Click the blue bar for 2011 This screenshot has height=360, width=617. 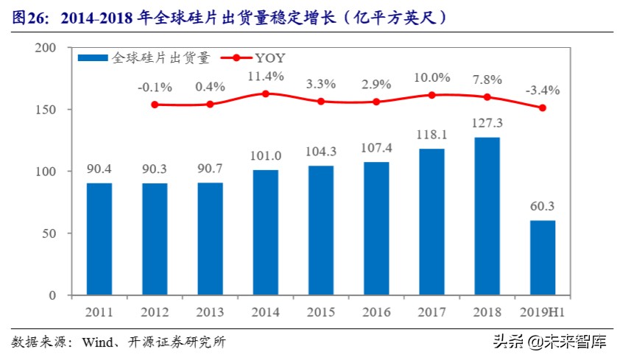[99, 239]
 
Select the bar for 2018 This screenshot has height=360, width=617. [487, 216]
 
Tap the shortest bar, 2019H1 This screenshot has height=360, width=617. [542, 258]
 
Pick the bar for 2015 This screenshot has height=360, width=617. [320, 230]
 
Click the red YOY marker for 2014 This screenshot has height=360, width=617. [265, 93]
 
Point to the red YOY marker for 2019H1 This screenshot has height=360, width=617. [542, 107]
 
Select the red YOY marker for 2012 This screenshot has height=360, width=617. [155, 105]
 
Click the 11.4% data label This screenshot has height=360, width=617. [265, 76]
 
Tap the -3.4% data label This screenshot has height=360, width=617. [542, 91]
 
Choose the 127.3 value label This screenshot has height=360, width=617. [487, 123]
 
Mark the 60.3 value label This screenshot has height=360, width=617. [542, 206]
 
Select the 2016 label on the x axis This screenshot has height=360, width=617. [376, 311]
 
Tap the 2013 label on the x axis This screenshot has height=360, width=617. [210, 311]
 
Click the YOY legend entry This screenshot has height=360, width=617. [269, 57]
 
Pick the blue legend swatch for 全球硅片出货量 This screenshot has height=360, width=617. [94, 57]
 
